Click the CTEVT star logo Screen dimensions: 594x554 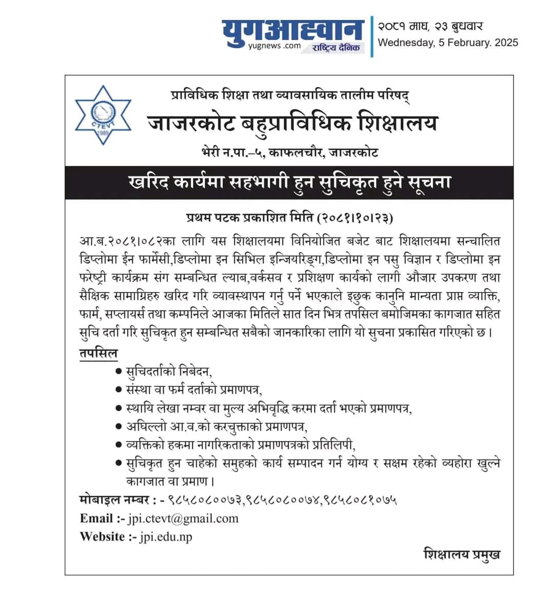103,115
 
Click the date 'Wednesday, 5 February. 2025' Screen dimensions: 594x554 448,43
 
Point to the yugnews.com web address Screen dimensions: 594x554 274,46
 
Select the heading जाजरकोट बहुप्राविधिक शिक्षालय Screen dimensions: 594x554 292,123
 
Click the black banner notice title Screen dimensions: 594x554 289,182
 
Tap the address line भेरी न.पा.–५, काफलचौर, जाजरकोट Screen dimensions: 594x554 290,152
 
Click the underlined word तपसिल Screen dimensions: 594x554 98,353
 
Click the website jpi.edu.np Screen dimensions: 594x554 166,536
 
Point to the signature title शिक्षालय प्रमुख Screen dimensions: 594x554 462,554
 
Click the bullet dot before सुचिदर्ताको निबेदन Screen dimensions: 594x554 118,371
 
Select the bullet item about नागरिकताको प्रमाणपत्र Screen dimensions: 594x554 241,445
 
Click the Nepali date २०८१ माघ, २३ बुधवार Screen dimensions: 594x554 430,26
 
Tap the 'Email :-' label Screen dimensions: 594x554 102,518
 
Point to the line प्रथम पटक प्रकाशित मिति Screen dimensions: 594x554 289,218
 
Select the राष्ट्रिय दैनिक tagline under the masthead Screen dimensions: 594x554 337,48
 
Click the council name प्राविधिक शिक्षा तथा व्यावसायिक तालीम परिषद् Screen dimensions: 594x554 290,95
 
